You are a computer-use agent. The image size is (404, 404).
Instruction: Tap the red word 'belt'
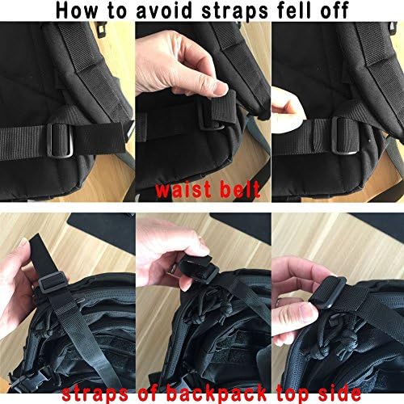237,191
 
